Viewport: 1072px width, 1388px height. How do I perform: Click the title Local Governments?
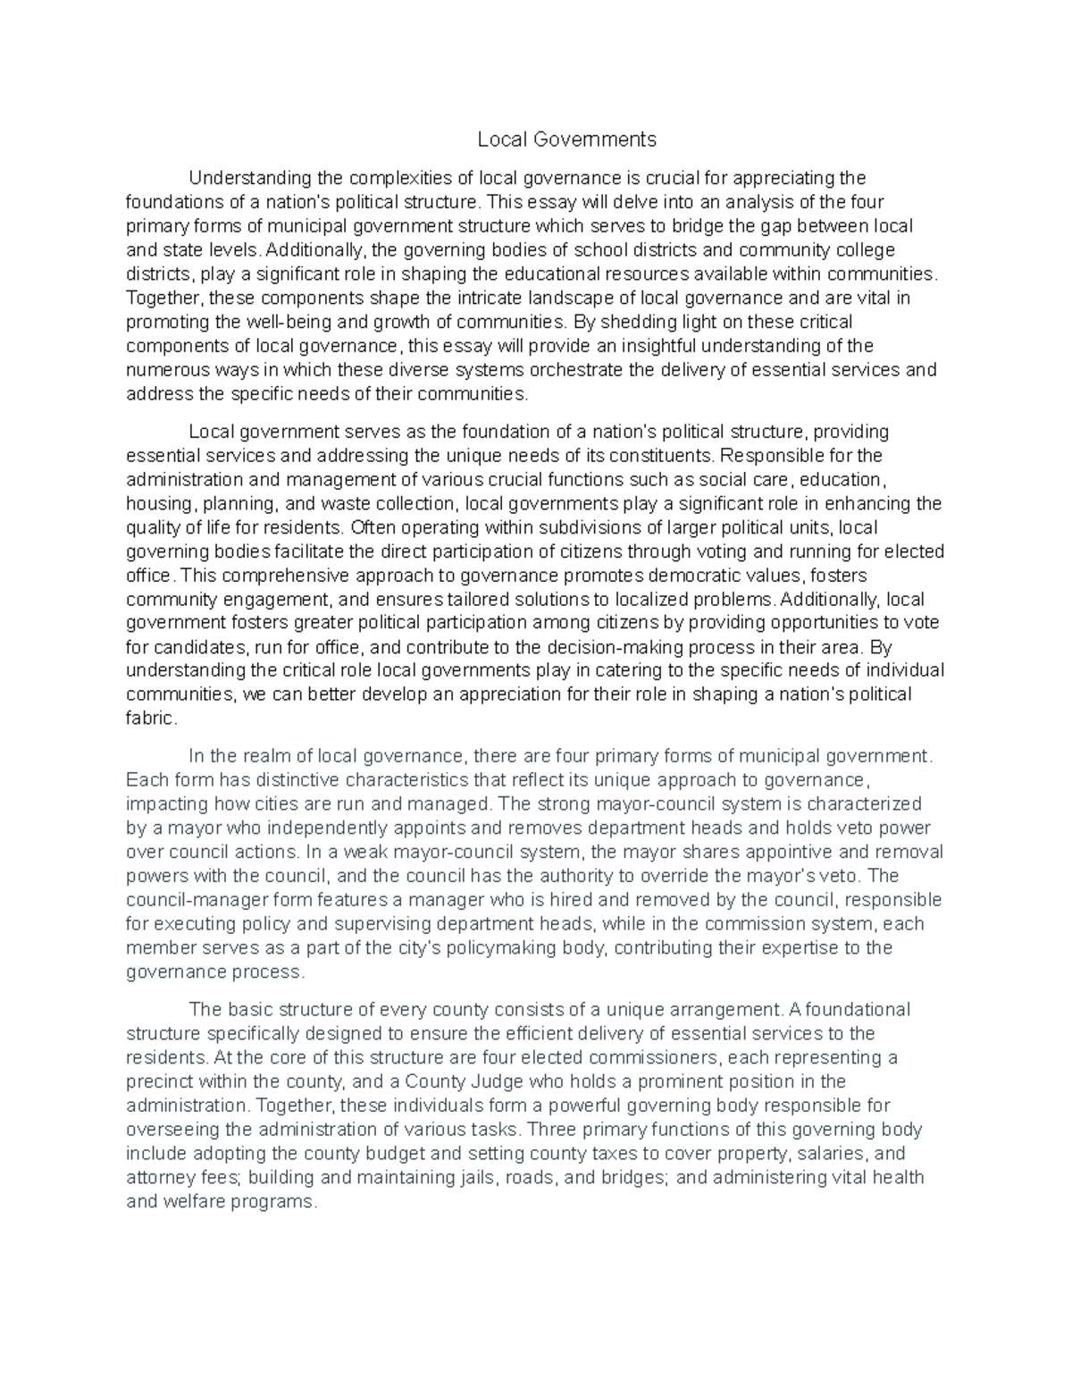[566, 139]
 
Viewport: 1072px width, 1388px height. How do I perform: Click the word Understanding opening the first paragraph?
[243, 179]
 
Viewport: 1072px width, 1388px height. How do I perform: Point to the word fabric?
[152, 719]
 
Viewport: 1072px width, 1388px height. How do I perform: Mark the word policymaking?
[507, 947]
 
